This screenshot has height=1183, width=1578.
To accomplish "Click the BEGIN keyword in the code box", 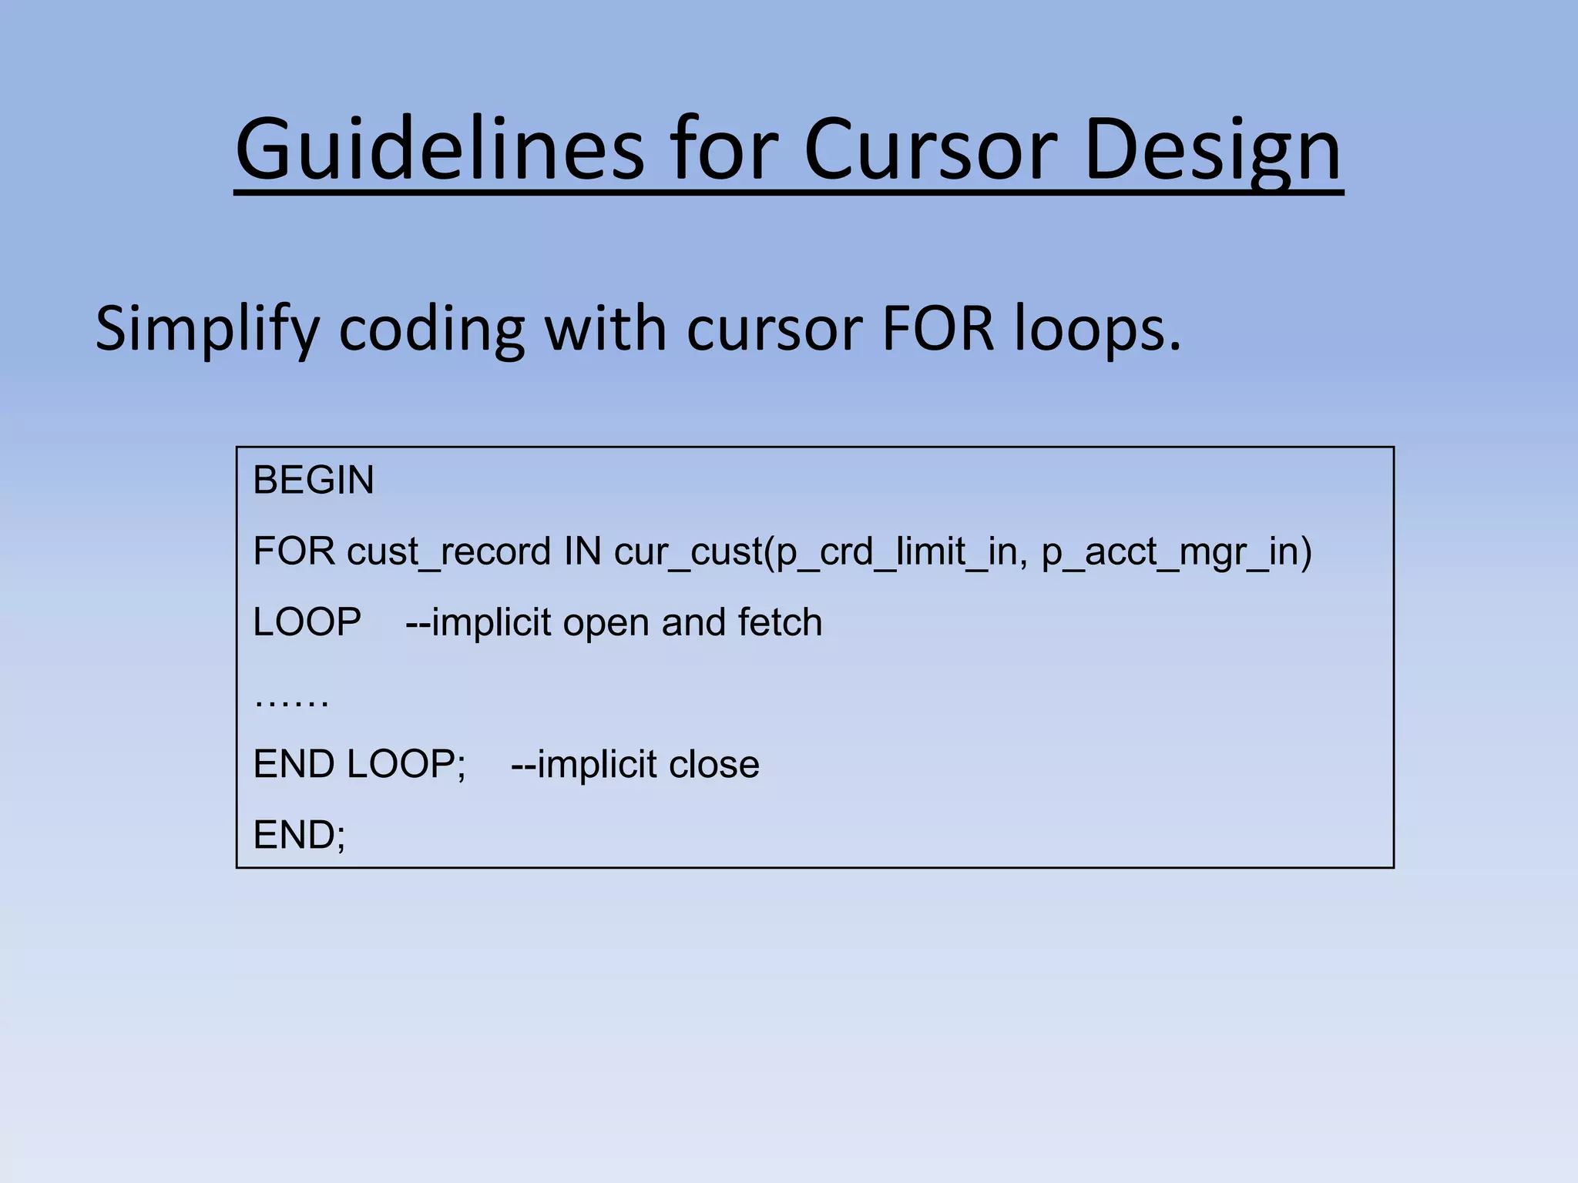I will point(314,481).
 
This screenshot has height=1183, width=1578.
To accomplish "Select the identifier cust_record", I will point(449,551).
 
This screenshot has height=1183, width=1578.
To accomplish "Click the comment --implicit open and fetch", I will point(614,622).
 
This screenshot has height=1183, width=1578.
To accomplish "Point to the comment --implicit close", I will point(635,765).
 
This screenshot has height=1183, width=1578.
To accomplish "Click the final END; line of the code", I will point(300,835).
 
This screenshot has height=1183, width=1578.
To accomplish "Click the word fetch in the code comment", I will point(780,622).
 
